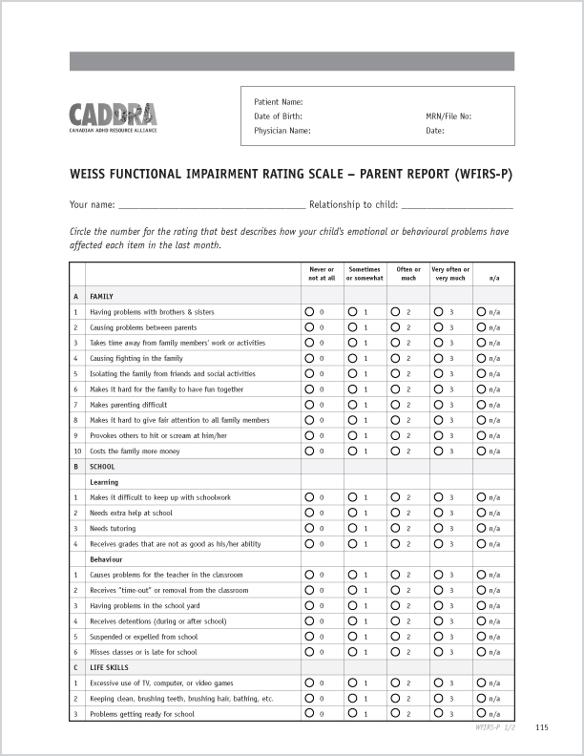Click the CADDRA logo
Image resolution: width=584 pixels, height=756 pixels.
coord(113,117)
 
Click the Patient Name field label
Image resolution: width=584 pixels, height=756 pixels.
coord(278,101)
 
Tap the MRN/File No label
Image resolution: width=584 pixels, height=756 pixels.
coord(448,115)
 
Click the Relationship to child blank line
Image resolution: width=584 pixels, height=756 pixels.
coord(457,204)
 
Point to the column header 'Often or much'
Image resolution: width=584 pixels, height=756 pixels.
coord(408,273)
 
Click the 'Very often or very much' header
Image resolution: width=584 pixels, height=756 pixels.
coord(450,273)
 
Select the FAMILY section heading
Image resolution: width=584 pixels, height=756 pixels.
coord(101,297)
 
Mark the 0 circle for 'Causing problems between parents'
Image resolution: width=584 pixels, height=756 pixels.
coord(310,327)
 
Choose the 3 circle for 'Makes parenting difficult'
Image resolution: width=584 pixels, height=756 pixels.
coord(438,405)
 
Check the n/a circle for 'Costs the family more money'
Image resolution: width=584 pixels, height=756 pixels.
coord(481,451)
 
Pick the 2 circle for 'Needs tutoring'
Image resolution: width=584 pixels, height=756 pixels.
coord(395,528)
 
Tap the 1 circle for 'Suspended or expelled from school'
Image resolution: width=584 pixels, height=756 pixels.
coord(352,637)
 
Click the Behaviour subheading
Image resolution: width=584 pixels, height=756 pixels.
coord(106,559)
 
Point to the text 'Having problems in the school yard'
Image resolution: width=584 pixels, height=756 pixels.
coord(144,605)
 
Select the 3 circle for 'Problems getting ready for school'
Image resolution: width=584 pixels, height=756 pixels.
coord(438,713)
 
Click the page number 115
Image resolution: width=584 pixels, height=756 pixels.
coord(542,728)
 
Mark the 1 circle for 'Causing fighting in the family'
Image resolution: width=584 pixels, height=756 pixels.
coord(352,358)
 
